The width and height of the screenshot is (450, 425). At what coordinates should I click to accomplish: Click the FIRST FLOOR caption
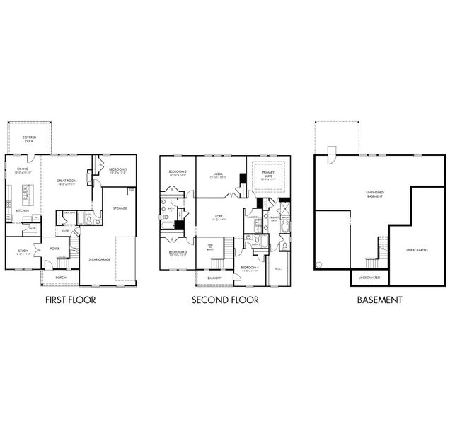pos(70,300)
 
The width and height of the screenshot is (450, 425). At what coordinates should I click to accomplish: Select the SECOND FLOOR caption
pos(225,300)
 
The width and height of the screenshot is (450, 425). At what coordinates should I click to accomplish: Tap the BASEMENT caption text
pos(380,300)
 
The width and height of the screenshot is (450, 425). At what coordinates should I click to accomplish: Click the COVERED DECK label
pos(29,140)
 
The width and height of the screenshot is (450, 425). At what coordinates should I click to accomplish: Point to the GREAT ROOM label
pos(66,182)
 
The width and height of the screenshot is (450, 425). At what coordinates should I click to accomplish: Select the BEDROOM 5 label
pos(117,170)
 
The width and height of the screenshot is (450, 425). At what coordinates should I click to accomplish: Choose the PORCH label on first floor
pos(62,278)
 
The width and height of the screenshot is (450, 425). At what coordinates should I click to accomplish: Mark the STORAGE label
pos(120,208)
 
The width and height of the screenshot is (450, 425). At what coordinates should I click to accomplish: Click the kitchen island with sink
pos(29,191)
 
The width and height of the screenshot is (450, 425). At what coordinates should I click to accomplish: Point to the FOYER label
pos(54,249)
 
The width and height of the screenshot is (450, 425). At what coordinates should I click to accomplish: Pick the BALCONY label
pos(214,278)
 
